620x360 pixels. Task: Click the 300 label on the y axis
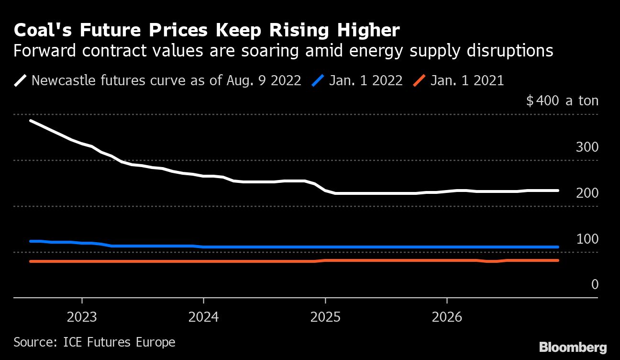[587, 147]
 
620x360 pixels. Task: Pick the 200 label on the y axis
[587, 193]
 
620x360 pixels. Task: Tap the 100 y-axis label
[587, 239]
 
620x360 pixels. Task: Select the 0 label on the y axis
[595, 285]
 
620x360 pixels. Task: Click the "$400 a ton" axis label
[562, 101]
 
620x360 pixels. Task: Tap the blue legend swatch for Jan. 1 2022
[318, 80]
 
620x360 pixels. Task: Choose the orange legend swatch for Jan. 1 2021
[419, 80]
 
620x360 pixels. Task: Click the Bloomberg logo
[573, 347]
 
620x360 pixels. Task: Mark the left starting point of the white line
[31, 121]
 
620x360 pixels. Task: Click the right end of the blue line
[557, 247]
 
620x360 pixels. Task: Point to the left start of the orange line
[31, 261]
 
